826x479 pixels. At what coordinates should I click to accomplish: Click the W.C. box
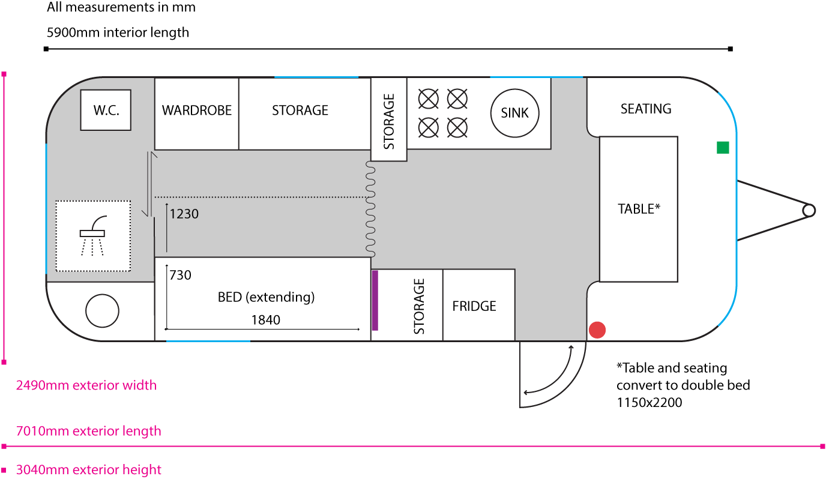click(106, 110)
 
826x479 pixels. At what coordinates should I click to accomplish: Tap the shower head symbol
click(92, 233)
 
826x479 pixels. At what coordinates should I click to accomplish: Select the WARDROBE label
click(197, 110)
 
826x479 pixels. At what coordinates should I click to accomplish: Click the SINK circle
click(515, 113)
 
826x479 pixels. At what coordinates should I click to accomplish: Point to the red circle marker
click(597, 330)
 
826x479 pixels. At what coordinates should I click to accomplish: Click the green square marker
click(723, 148)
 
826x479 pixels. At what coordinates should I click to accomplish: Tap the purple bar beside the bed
click(375, 300)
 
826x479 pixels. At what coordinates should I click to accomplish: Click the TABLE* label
click(639, 209)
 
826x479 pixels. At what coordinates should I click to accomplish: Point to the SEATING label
click(646, 109)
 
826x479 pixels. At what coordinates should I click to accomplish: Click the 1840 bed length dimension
click(265, 320)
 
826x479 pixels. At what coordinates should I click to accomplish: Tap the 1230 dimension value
click(184, 214)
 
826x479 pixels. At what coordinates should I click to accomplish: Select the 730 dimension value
click(180, 275)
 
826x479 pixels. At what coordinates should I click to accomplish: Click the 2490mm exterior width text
click(86, 385)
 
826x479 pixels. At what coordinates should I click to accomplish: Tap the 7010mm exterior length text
click(88, 431)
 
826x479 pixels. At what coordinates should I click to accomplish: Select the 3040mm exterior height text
click(88, 469)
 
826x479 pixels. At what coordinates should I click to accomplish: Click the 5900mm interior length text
click(118, 32)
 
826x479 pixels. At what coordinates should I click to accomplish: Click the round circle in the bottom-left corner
click(103, 310)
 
